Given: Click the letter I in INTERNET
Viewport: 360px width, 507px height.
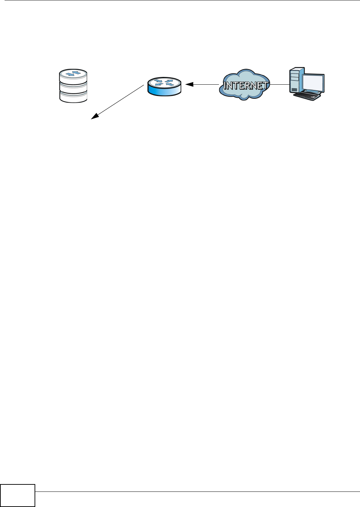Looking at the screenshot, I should (x=226, y=86).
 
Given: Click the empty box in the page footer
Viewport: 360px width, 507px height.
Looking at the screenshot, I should (x=18, y=496).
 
